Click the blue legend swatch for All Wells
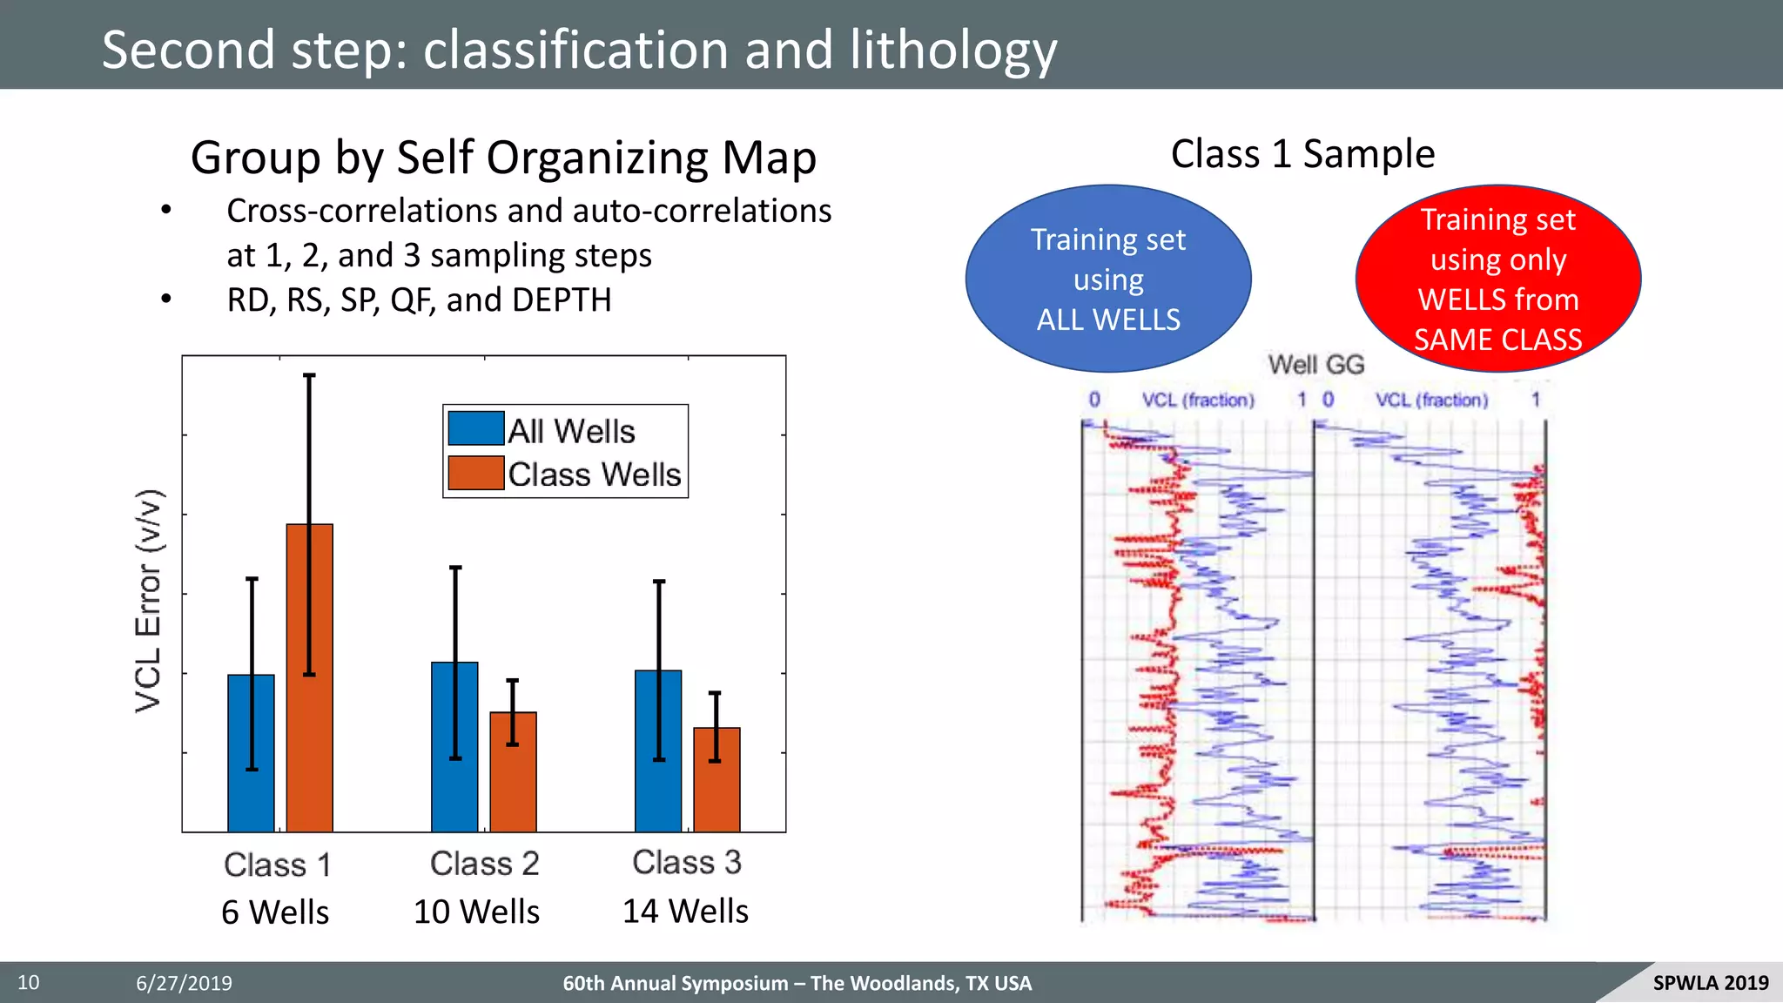[x=475, y=429]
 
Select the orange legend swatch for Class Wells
[x=475, y=473]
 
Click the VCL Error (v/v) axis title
[x=149, y=601]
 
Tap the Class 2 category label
[x=485, y=864]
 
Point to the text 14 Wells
[x=685, y=911]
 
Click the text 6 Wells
[x=275, y=912]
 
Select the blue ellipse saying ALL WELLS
[x=1108, y=279]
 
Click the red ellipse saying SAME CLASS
[x=1497, y=279]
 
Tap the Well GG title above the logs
[x=1315, y=365]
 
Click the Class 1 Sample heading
[x=1302, y=154]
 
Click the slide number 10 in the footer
[x=29, y=983]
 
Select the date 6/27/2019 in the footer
[x=184, y=984]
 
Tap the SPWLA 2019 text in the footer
[x=1710, y=983]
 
